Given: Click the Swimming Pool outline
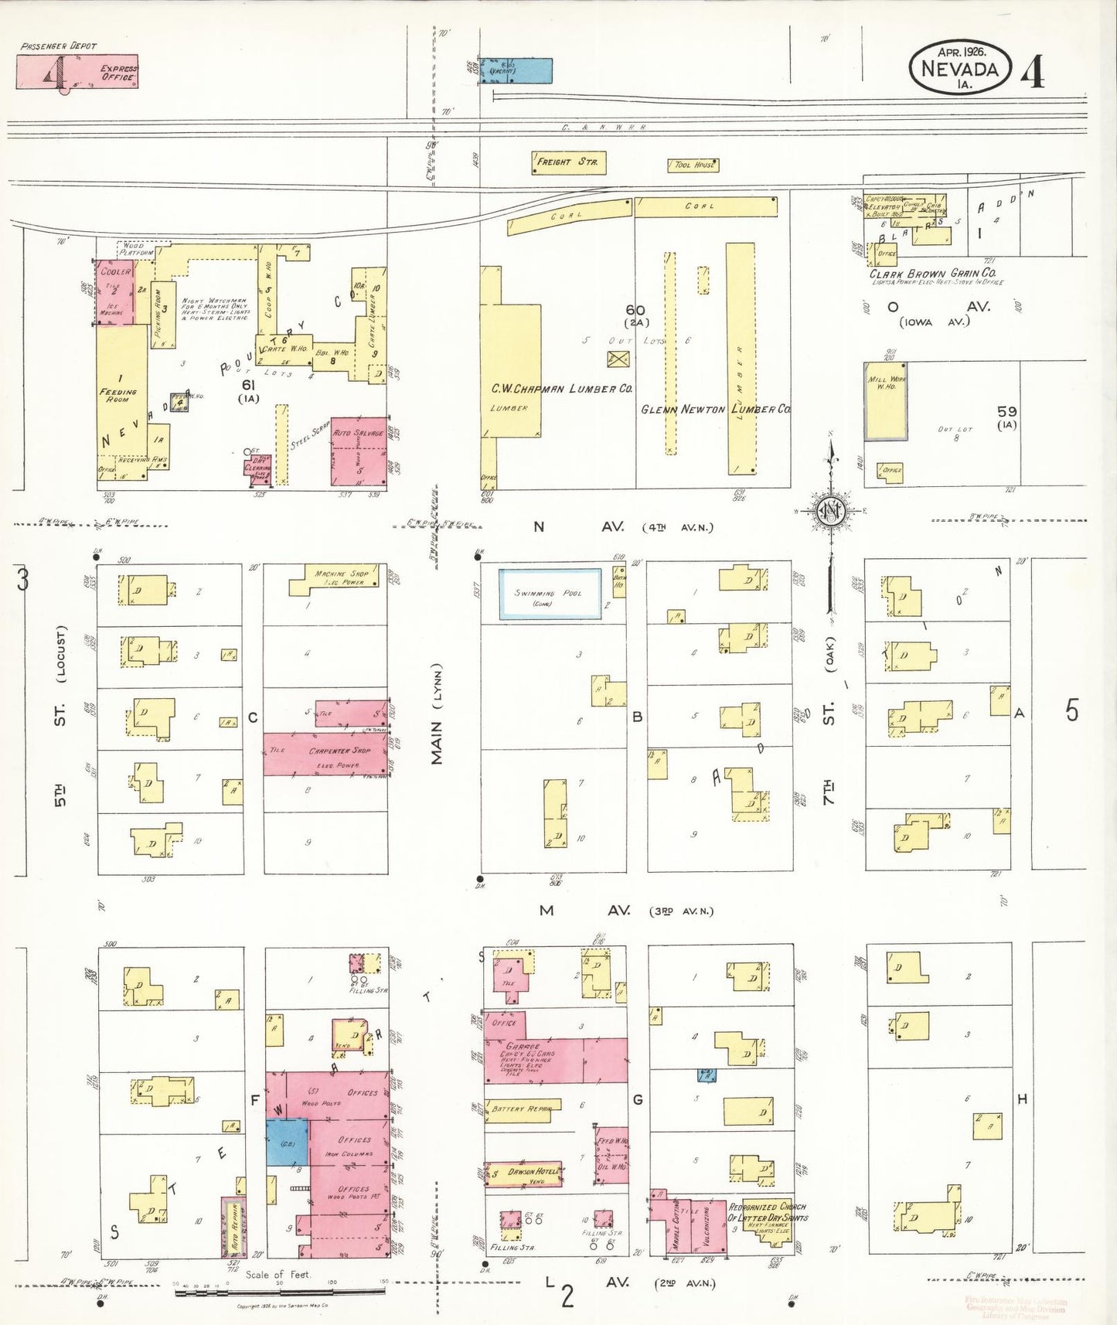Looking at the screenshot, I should click(x=550, y=594).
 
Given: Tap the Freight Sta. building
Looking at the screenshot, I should click(x=568, y=162).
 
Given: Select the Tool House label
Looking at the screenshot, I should click(x=693, y=165).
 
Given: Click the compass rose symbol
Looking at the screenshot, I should click(x=831, y=512).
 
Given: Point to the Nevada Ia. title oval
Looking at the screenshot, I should click(x=959, y=68).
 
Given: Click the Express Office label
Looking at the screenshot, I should click(x=118, y=73).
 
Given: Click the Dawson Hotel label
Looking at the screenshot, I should click(x=533, y=1172).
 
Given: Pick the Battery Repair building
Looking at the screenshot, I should click(x=519, y=1109).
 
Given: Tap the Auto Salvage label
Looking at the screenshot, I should click(x=358, y=433).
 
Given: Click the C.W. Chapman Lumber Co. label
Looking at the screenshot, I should click(x=562, y=389).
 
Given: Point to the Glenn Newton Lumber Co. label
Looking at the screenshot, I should click(x=715, y=410).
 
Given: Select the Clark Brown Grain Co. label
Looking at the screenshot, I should click(x=932, y=274).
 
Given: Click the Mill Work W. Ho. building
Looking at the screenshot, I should click(x=885, y=401).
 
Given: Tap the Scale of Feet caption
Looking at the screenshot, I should click(x=278, y=1275).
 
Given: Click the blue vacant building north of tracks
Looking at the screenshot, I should click(x=515, y=70).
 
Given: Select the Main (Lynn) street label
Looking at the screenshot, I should click(x=438, y=714).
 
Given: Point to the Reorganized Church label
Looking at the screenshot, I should click(x=767, y=1212).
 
